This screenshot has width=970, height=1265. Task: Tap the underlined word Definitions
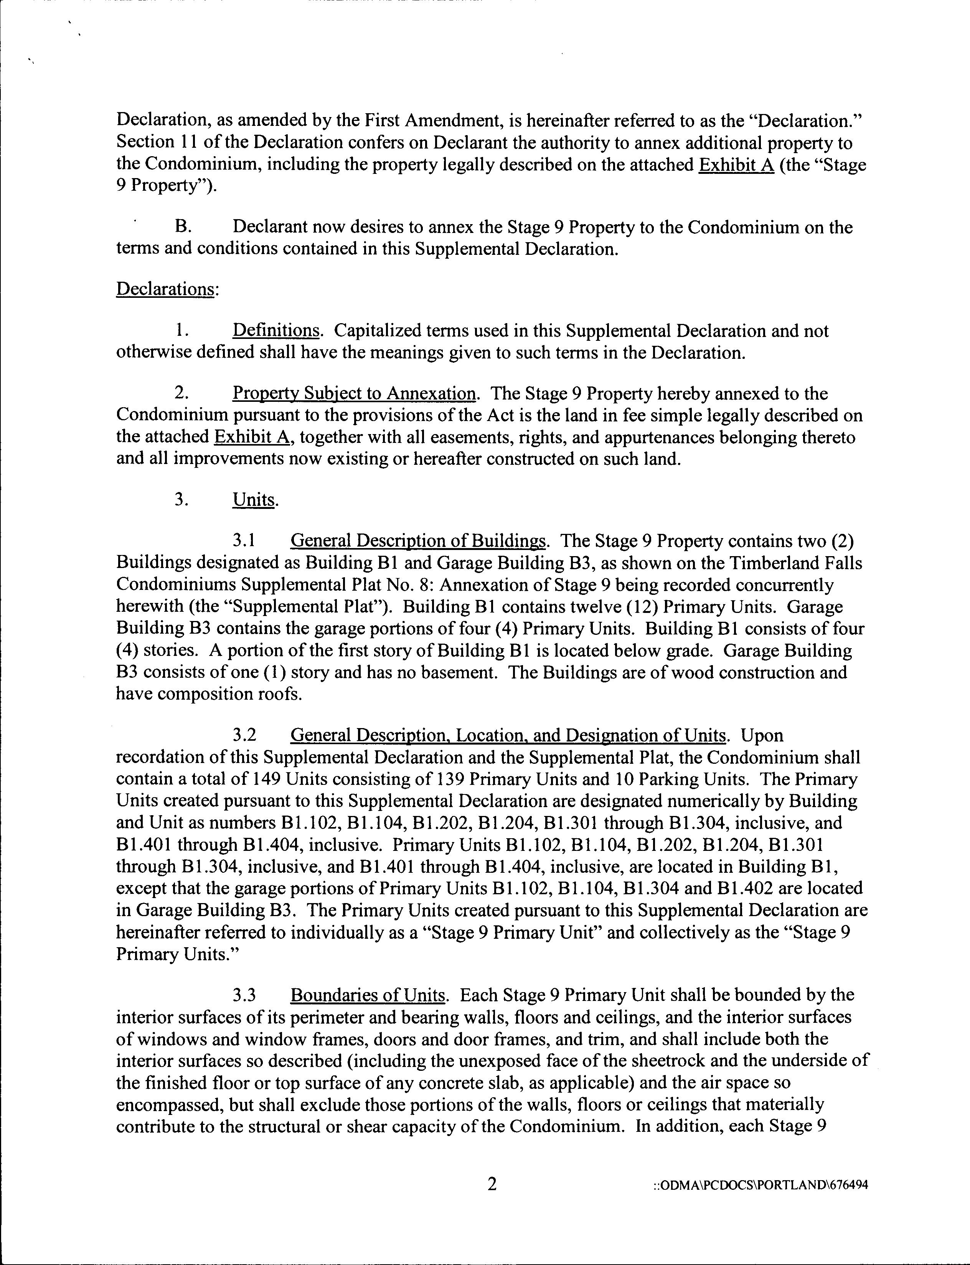pyautogui.click(x=275, y=331)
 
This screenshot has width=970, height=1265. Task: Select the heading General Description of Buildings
pyautogui.click(x=417, y=541)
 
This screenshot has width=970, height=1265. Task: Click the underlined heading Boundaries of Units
pyautogui.click(x=368, y=995)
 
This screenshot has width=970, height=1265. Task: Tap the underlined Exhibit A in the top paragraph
pyautogui.click(x=736, y=165)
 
